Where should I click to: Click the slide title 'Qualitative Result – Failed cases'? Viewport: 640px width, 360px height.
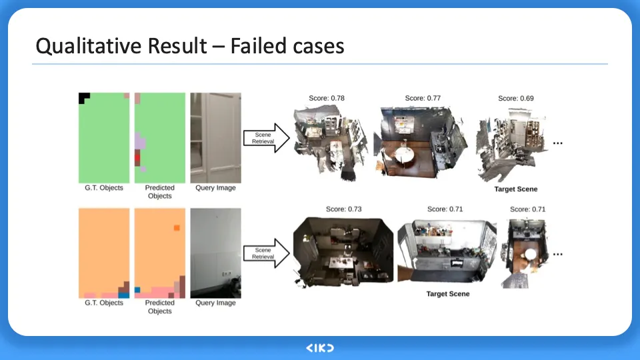point(189,45)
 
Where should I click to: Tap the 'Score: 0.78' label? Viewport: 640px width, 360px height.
point(327,99)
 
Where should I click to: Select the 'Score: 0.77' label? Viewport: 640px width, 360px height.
point(423,99)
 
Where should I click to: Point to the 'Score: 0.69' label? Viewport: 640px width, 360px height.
point(516,99)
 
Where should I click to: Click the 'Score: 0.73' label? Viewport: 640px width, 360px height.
point(344,209)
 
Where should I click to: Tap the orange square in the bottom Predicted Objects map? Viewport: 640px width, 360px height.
point(177,228)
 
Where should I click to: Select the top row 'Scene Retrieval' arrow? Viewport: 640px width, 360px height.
point(265,138)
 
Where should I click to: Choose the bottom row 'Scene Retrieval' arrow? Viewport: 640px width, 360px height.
point(265,253)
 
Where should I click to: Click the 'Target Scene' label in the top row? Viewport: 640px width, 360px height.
point(515,189)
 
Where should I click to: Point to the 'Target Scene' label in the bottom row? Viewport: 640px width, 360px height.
point(448,294)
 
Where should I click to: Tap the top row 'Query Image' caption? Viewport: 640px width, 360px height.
point(215,188)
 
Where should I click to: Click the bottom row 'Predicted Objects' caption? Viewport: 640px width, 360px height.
point(159,307)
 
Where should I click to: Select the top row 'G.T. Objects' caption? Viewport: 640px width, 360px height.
point(104,188)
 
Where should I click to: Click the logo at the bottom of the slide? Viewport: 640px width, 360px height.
point(320,348)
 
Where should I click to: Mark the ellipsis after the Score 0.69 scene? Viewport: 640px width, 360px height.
point(558,142)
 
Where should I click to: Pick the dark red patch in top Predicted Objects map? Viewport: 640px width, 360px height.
point(138,157)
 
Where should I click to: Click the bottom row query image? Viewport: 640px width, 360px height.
point(215,253)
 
